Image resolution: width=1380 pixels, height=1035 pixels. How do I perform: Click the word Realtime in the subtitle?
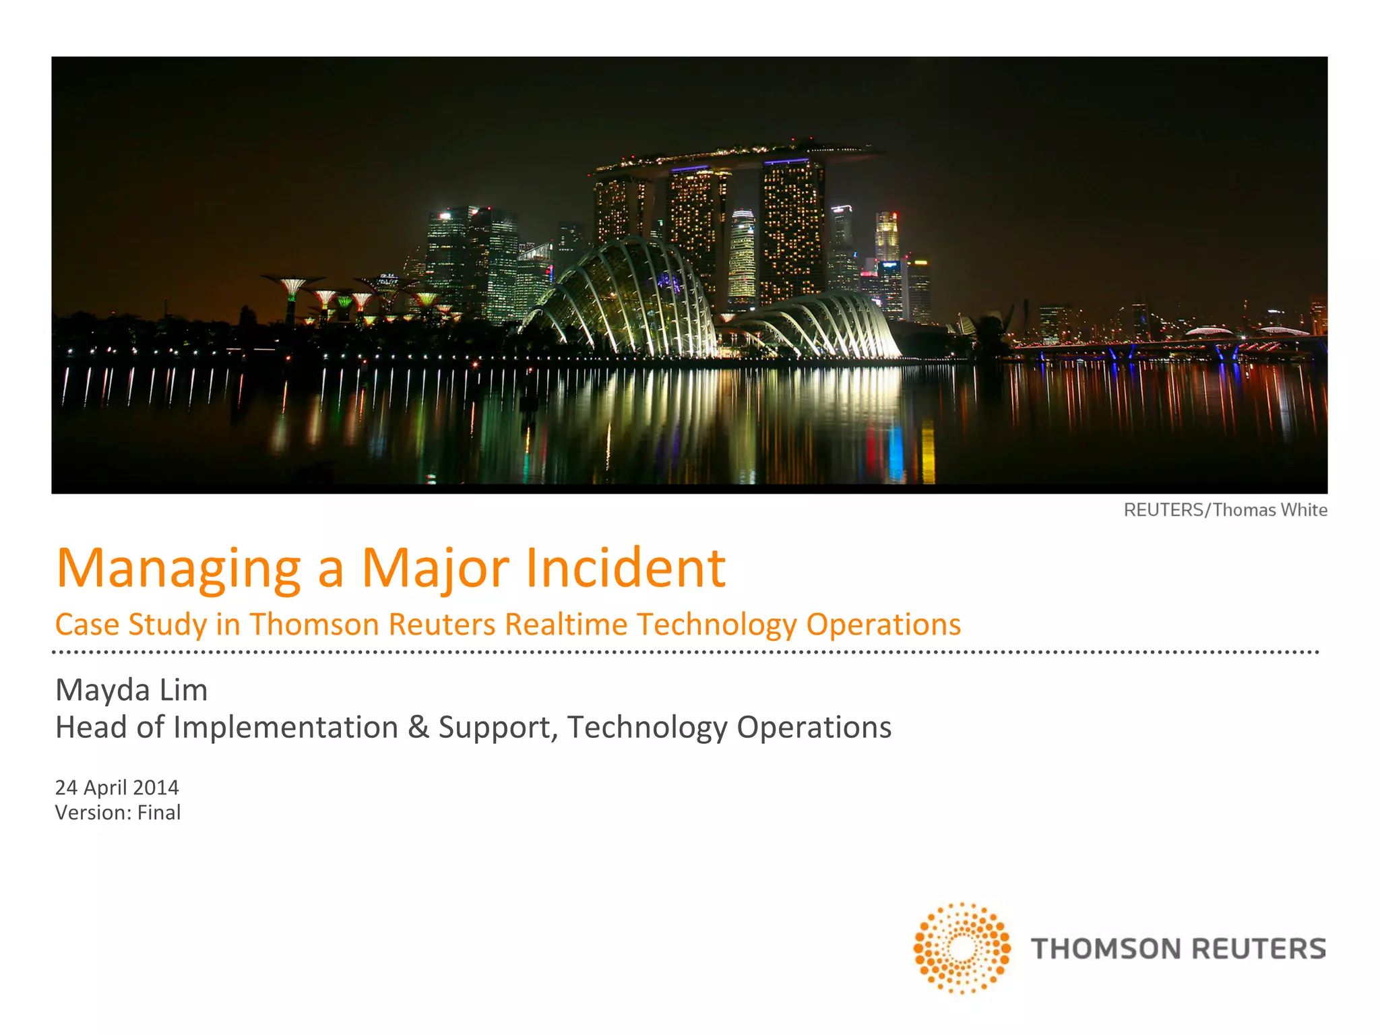(x=566, y=624)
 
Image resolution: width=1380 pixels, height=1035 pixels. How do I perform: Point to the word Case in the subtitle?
(x=87, y=624)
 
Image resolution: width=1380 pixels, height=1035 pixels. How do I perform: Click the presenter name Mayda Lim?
(x=131, y=689)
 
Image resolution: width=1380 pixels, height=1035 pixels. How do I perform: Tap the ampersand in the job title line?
(x=418, y=727)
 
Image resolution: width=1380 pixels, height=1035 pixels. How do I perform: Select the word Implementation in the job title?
(x=286, y=728)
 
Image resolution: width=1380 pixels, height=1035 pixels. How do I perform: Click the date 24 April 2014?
(x=117, y=787)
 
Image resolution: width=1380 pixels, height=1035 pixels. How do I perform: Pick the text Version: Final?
(x=118, y=813)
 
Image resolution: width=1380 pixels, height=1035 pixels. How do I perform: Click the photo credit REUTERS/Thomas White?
(x=1225, y=510)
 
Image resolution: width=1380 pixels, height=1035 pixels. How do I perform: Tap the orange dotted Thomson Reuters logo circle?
(x=962, y=948)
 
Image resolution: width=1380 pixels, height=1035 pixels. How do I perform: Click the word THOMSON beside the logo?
(x=1106, y=949)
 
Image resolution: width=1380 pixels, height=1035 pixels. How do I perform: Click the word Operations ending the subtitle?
(x=883, y=624)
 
